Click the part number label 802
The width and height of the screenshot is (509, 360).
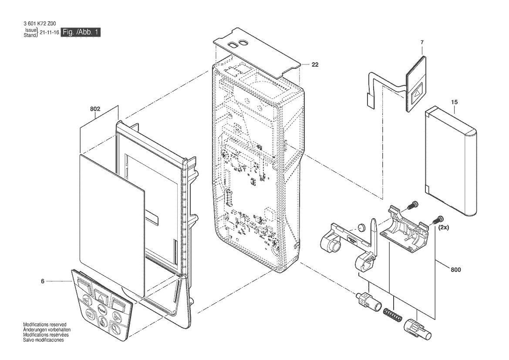(x=95, y=109)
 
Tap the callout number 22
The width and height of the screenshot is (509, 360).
(x=315, y=65)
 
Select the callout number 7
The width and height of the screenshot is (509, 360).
(x=422, y=42)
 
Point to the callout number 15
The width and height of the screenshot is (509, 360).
(x=455, y=102)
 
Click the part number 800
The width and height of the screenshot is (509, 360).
(x=456, y=270)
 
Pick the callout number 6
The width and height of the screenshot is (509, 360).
(x=43, y=282)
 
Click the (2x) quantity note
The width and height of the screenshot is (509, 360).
(x=444, y=228)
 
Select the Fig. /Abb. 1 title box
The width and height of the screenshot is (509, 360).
(x=81, y=32)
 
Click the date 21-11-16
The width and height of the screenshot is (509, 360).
(x=49, y=33)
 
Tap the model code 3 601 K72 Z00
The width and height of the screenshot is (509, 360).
(x=40, y=24)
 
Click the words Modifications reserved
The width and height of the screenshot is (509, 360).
(x=45, y=325)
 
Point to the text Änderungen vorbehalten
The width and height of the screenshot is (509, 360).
(x=47, y=330)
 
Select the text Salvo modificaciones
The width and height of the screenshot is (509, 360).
(x=44, y=340)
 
